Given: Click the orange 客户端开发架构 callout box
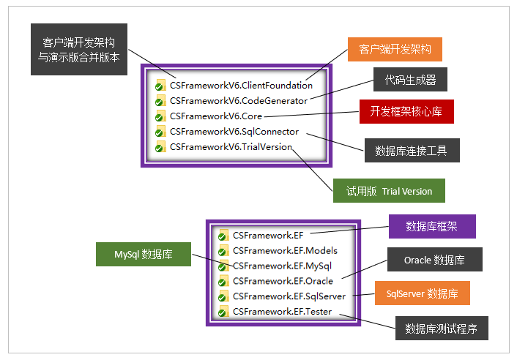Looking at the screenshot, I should click(x=395, y=50).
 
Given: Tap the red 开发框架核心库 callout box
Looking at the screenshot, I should click(x=406, y=112).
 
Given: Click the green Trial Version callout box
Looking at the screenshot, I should click(x=389, y=191).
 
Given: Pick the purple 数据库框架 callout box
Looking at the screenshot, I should click(x=431, y=226).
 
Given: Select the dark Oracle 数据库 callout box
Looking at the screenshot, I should click(x=434, y=260).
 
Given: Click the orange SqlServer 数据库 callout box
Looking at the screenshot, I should click(x=422, y=293).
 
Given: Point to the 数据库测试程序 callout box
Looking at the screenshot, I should click(x=441, y=328).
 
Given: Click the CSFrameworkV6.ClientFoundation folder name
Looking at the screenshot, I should click(x=241, y=85).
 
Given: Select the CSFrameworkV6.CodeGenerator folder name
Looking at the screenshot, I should click(x=239, y=100).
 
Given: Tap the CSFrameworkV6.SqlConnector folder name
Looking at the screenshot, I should click(x=234, y=132).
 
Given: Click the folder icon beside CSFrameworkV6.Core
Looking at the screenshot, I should click(x=160, y=116).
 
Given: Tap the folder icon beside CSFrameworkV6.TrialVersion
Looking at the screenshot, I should click(x=160, y=147).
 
